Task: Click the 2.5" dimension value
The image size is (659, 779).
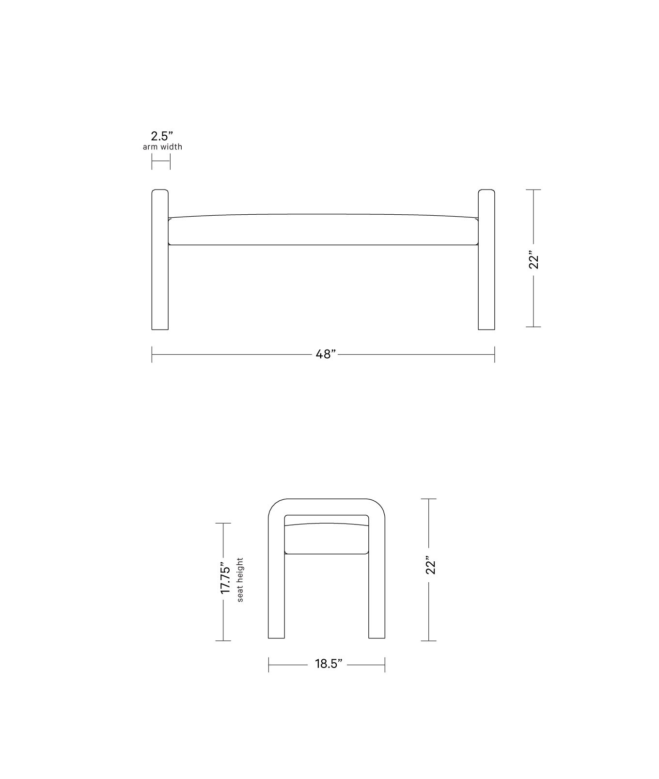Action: coord(162,136)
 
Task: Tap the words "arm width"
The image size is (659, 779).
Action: coord(162,147)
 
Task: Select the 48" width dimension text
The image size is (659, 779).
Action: coord(326,354)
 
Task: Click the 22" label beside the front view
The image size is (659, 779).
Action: coord(533,260)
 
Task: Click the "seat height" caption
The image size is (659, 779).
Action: coord(240,580)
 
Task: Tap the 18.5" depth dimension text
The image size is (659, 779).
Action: coord(329,664)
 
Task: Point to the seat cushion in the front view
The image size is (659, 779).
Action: coord(323,230)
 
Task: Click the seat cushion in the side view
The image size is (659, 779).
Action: coord(327,539)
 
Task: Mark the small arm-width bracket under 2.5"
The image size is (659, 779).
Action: coord(161,162)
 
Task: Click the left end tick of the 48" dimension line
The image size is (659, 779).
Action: coord(152,354)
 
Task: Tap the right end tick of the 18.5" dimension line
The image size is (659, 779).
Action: coord(385,665)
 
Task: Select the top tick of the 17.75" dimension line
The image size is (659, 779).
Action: coord(223,524)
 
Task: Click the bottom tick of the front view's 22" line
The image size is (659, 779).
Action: coord(533,327)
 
